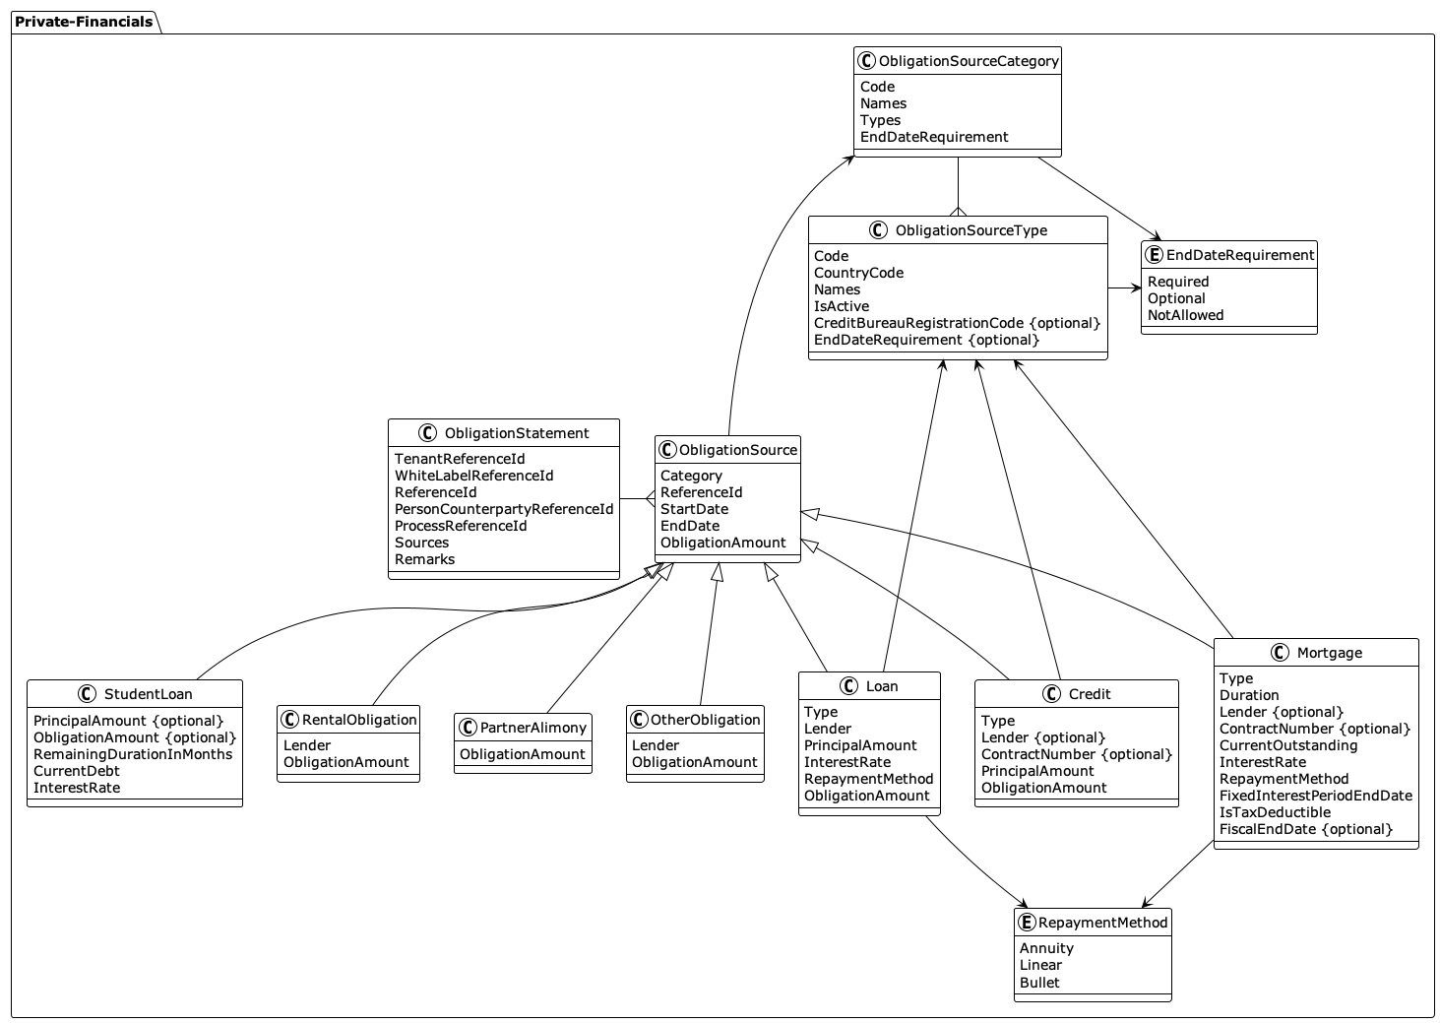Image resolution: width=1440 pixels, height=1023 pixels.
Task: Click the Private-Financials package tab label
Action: coord(84,22)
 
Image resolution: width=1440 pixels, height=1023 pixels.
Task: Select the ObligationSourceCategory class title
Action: coord(968,61)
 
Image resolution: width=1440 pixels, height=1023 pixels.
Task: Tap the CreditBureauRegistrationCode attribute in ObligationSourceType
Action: coord(956,323)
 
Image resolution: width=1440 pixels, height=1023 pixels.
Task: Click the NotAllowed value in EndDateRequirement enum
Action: coord(1185,315)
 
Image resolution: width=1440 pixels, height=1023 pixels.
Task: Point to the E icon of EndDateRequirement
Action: coord(1155,255)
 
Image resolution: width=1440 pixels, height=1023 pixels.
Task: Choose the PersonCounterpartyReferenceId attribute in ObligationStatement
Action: coord(503,509)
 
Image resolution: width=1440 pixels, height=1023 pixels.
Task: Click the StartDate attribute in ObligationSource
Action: coord(694,509)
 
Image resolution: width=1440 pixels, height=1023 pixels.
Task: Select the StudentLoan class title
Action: coord(148,694)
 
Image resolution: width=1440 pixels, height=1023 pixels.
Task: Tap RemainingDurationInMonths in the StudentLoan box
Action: coord(133,754)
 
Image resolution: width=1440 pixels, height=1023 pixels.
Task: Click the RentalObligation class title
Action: coord(359,720)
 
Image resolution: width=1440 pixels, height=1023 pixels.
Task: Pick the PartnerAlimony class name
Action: coord(532,728)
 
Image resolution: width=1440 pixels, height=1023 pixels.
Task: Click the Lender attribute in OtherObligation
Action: coord(656,745)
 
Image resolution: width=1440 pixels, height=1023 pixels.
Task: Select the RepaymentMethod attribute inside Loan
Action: coord(868,779)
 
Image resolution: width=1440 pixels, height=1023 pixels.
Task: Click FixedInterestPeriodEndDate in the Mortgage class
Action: coord(1315,796)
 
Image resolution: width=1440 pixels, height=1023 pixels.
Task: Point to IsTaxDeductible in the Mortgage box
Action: coord(1275,812)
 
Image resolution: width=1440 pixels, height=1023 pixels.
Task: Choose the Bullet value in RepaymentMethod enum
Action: coord(1039,983)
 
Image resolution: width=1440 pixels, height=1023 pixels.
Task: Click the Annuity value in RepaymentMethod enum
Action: coord(1046,948)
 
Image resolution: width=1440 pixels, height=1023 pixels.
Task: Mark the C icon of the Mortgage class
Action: coord(1280,653)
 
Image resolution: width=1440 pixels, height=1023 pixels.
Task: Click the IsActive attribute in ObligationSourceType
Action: coord(841,306)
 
